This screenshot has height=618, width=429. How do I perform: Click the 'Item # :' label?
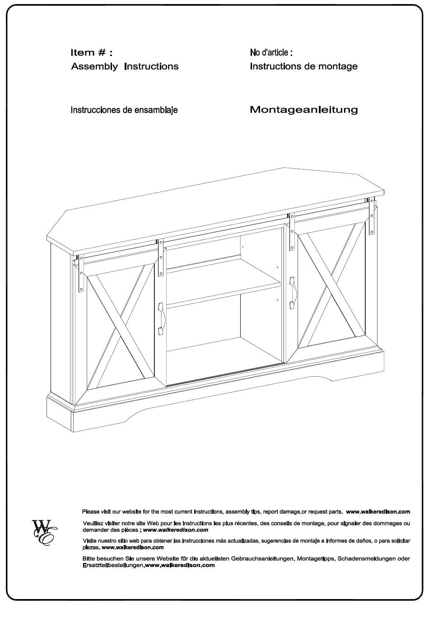[x=91, y=52]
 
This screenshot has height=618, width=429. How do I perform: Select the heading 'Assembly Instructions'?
[x=125, y=66]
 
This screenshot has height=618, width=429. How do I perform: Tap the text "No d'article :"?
[x=271, y=52]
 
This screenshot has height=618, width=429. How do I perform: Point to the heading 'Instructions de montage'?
[x=303, y=66]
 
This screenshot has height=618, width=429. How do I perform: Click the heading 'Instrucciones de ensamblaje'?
[x=124, y=110]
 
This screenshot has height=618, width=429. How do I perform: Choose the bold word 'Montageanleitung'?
[x=304, y=110]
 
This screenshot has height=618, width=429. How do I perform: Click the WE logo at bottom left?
[x=45, y=532]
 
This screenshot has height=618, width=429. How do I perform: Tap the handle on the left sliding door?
[x=161, y=319]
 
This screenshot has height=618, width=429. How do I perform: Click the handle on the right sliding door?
[x=293, y=293]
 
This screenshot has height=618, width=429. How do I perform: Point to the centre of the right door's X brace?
[x=331, y=285]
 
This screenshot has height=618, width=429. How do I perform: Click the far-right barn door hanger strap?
[x=371, y=216]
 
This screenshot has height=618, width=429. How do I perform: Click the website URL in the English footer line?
[x=378, y=512]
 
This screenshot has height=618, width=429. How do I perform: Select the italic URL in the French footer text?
[x=176, y=530]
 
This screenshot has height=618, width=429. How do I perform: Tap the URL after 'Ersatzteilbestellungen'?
[x=180, y=565]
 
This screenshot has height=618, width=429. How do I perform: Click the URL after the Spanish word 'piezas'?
[x=133, y=547]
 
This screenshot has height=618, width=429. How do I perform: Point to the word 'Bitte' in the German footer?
[x=89, y=559]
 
